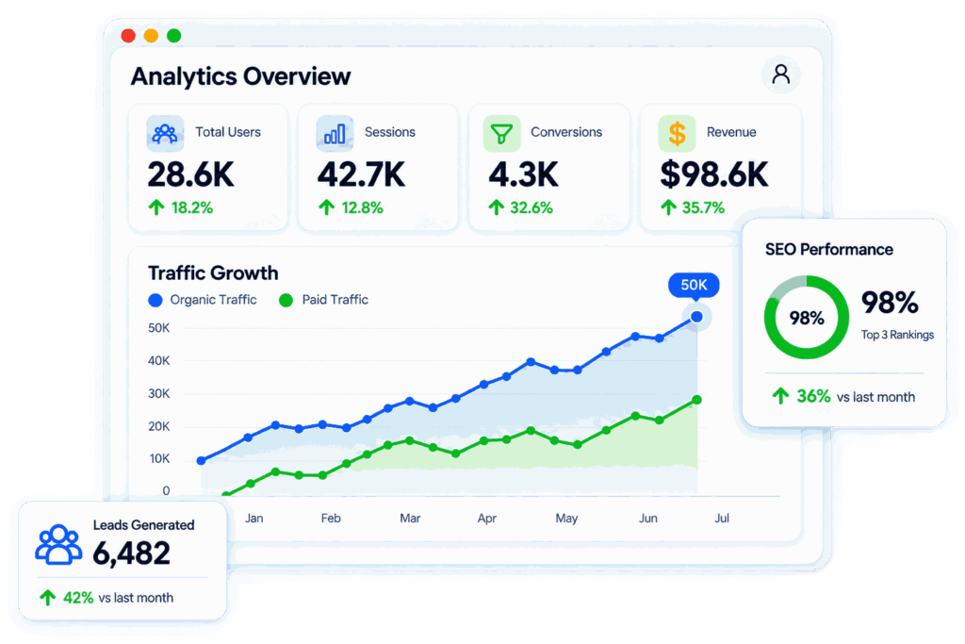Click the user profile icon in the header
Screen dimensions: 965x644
(781, 74)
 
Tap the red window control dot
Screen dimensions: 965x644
(128, 36)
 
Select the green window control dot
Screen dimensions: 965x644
(174, 36)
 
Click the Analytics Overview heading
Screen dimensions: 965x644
(240, 76)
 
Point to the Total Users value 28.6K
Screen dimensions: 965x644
(190, 174)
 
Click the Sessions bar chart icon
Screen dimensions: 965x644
(335, 133)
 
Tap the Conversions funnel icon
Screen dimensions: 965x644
(501, 133)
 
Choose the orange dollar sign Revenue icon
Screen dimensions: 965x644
(677, 133)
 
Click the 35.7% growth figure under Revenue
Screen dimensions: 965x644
(703, 208)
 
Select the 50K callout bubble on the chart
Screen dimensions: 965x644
(694, 285)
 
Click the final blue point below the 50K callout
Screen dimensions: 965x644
(696, 317)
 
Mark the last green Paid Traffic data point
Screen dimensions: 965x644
(696, 400)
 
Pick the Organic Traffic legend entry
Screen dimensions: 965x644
(203, 300)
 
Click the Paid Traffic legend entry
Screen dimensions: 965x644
(324, 300)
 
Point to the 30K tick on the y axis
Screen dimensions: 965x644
(158, 393)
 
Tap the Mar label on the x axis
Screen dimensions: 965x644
(410, 519)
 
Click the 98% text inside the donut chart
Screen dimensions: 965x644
(807, 318)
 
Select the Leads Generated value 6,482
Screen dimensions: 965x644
(131, 553)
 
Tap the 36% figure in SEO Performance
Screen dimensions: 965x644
(813, 396)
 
